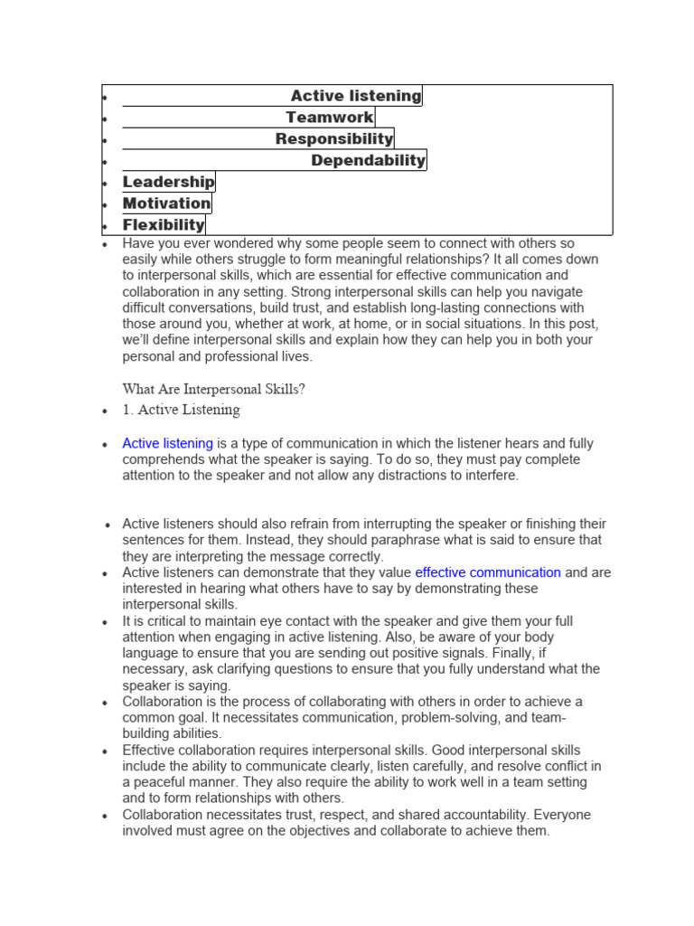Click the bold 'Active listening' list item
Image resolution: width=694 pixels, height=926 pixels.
(x=355, y=96)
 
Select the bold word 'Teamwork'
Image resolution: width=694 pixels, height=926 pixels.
(x=329, y=118)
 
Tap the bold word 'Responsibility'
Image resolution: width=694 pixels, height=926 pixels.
(x=333, y=139)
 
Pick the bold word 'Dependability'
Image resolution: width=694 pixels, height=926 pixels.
(x=368, y=161)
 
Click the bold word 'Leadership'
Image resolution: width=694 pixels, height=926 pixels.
(x=168, y=183)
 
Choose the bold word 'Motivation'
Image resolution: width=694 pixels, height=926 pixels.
(x=166, y=204)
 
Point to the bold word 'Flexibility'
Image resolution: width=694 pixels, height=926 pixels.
(x=164, y=225)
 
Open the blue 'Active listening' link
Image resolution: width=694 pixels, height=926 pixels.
(x=167, y=444)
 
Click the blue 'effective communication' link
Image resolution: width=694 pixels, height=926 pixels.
(x=488, y=572)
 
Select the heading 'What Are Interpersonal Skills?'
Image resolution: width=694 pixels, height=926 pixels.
(x=214, y=389)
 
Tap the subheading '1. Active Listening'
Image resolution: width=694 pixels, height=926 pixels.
(x=182, y=410)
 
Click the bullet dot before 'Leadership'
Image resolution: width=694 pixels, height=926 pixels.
(x=106, y=184)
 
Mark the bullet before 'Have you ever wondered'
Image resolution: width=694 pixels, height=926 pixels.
(x=106, y=245)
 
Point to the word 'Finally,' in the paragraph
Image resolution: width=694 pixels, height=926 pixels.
(x=571, y=653)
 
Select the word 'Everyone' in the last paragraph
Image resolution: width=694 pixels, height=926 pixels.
(x=556, y=815)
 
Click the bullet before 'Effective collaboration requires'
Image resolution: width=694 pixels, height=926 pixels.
(x=106, y=751)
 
